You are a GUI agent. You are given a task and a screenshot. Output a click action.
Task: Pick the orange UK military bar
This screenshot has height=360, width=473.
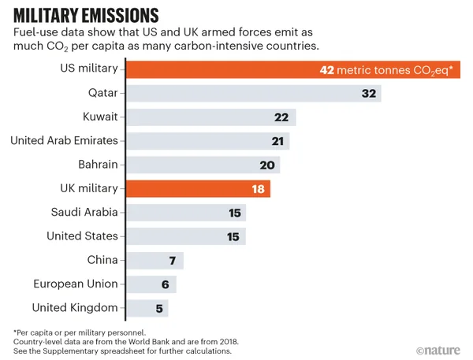pyautogui.click(x=198, y=188)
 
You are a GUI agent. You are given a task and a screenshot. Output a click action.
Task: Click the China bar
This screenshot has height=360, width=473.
pyautogui.click(x=155, y=260)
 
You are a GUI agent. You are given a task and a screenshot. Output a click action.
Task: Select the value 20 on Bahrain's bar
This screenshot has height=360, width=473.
pyautogui.click(x=266, y=165)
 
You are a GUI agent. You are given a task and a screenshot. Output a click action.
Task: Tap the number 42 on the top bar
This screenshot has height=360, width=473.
pyautogui.click(x=326, y=70)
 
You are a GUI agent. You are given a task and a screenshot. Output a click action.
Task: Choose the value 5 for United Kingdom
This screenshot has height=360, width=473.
pyautogui.click(x=160, y=308)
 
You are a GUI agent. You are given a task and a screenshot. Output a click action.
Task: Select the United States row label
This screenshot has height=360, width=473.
pyautogui.click(x=82, y=236)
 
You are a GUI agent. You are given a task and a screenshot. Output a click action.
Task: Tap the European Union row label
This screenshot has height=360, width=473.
pyautogui.click(x=76, y=284)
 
